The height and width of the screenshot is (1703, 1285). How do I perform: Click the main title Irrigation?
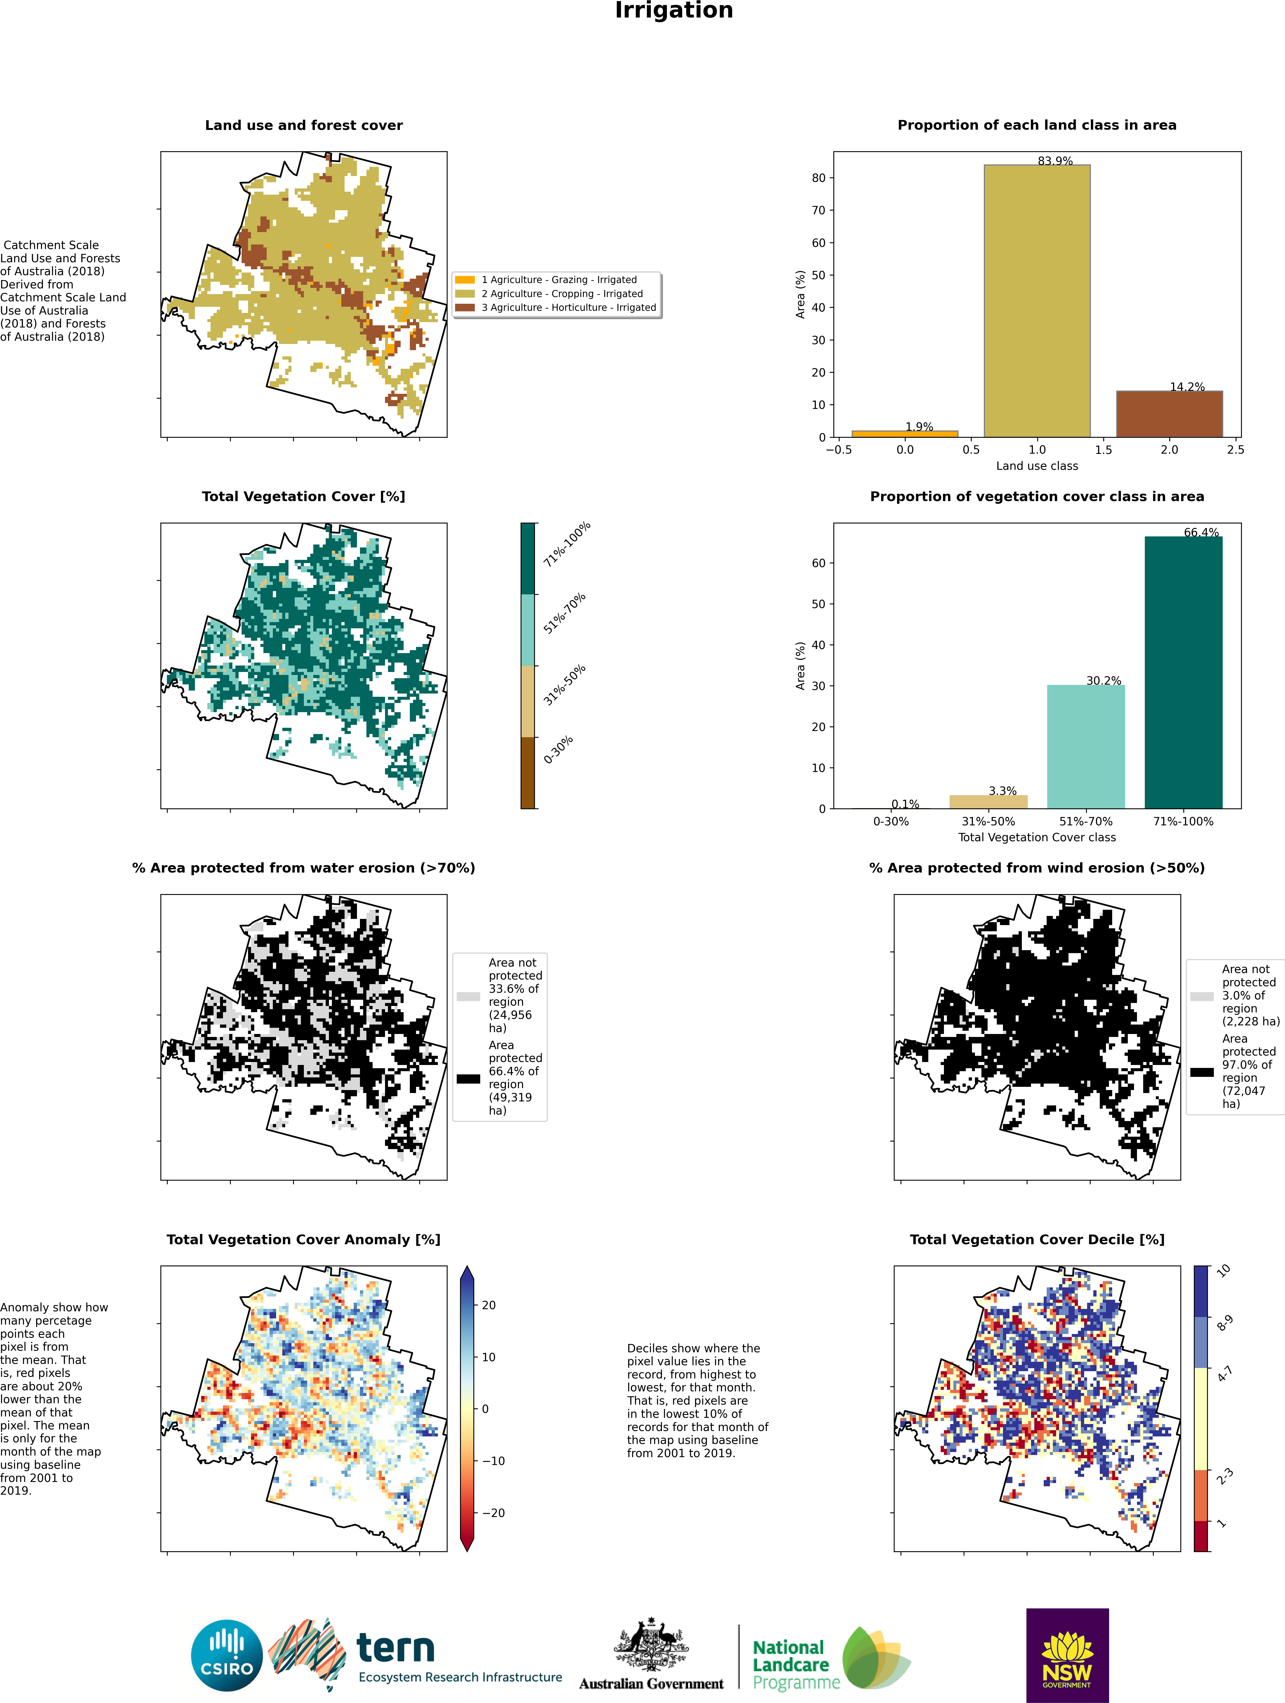674,11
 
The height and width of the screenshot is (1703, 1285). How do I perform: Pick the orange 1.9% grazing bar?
905,433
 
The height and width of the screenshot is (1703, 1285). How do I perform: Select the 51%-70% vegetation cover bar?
1085,747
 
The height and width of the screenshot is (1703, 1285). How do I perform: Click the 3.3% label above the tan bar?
1002,791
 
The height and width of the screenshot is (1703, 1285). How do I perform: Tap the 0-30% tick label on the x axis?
891,822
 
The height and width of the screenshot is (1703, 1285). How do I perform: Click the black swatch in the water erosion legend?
468,1079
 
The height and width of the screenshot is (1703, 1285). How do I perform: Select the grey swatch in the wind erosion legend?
1202,996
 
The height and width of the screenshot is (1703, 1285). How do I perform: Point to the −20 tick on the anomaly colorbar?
493,1513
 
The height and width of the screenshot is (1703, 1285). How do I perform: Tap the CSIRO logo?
227,1655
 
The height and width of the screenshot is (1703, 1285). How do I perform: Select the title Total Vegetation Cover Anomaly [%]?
303,1240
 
